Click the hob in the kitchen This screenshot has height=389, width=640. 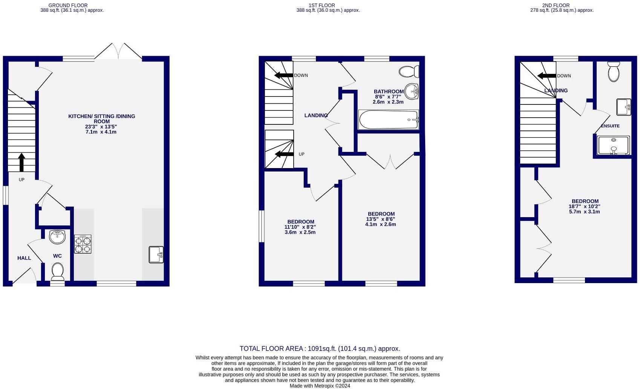tap(83, 244)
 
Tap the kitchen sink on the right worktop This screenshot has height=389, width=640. tap(156, 254)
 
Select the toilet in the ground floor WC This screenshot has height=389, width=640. tap(57, 271)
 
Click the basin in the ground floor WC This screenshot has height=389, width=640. tap(57, 237)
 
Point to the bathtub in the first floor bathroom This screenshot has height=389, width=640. tap(388, 120)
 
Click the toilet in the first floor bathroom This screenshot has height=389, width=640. tap(409, 71)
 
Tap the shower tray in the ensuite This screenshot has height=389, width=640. tap(613, 145)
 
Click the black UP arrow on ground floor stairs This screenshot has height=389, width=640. tap(21, 162)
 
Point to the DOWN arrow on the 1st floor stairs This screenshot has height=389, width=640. tap(284, 75)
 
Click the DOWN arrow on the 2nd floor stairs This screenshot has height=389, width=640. tap(547, 76)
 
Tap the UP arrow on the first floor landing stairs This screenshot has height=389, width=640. tap(285, 154)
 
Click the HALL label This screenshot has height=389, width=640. tap(24, 258)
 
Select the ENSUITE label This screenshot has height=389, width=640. tap(610, 126)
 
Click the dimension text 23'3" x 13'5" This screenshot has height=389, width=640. tap(101, 127)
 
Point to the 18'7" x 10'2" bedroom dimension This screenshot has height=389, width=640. tap(584, 207)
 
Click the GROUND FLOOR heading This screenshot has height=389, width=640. tap(68, 5)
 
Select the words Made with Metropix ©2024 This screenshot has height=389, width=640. tap(320, 386)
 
